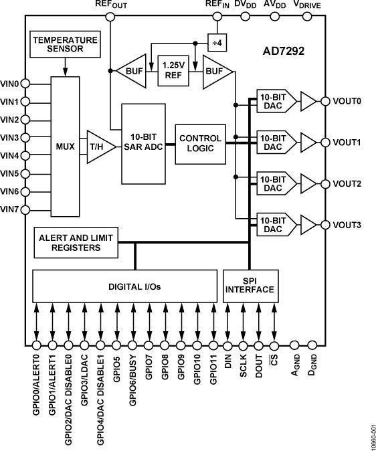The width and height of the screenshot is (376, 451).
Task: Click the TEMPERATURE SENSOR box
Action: (x=65, y=44)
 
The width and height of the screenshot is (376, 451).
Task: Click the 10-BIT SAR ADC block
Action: (x=143, y=143)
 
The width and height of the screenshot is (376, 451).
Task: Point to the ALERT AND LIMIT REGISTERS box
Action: (x=77, y=242)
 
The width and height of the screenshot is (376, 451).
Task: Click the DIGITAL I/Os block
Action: (x=124, y=286)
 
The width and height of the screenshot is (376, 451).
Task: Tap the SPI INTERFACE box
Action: (x=250, y=285)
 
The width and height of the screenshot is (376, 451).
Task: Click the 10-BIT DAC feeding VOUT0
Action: (x=271, y=102)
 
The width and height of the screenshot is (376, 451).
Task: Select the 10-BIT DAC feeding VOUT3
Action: (x=271, y=224)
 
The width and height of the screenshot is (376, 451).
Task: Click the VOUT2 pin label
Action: (x=347, y=183)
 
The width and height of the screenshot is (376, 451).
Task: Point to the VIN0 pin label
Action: (x=10, y=84)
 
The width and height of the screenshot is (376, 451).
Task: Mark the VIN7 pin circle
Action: (x=25, y=209)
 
